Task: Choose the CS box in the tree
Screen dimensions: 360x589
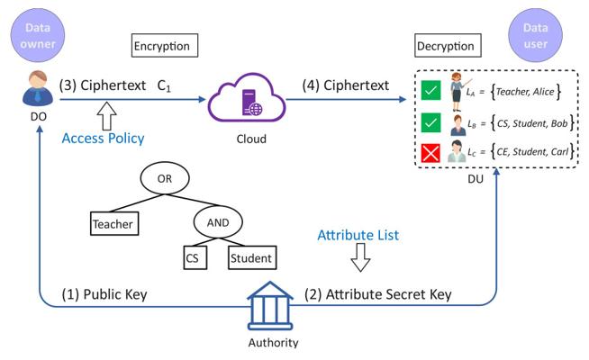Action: click(x=192, y=258)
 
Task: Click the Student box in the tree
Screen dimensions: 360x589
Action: click(x=250, y=258)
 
